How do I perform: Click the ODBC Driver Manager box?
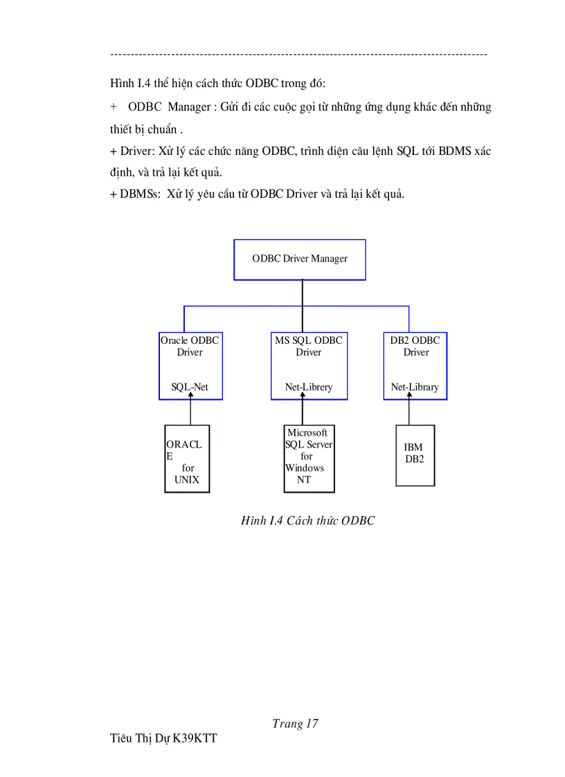tap(299, 259)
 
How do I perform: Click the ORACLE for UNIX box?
tap(187, 458)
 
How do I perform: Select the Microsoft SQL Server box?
tap(309, 458)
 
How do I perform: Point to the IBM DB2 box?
tap(415, 455)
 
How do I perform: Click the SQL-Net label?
tap(190, 387)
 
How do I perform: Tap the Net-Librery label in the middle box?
tap(308, 387)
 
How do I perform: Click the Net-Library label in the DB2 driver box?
tap(415, 387)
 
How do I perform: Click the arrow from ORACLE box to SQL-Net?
tap(190, 412)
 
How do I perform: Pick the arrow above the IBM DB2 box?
tap(409, 412)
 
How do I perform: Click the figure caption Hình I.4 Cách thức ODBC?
tap(307, 520)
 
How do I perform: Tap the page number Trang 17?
tap(295, 724)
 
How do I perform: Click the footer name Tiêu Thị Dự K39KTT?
tap(163, 739)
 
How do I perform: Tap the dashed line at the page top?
tap(298, 54)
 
